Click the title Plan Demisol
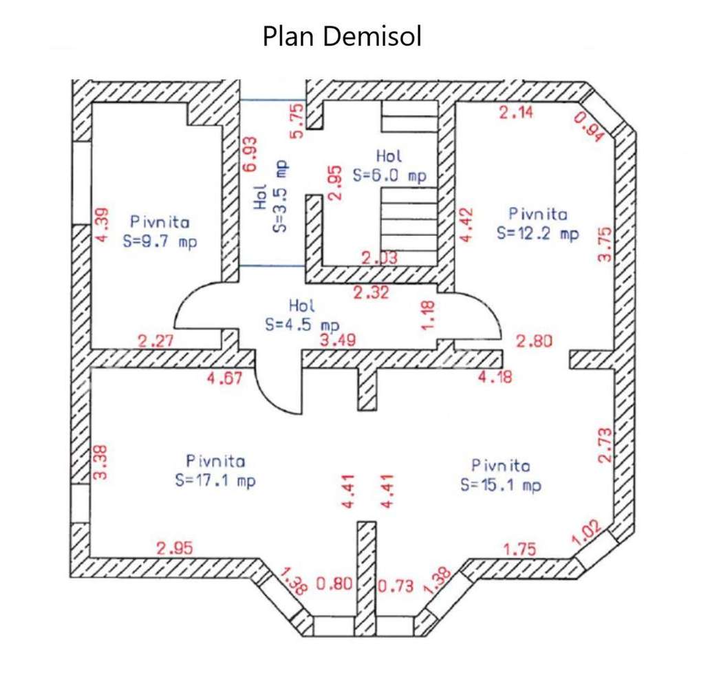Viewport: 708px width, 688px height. (341, 36)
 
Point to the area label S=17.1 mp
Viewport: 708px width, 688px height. (215, 481)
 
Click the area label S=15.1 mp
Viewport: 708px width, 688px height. (500, 485)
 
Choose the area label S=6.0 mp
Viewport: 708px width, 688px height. (389, 175)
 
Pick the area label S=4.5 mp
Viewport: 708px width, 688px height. (302, 325)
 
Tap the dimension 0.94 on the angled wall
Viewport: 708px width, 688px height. (588, 127)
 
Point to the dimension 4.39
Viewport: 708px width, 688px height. (100, 224)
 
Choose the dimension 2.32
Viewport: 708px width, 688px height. (371, 292)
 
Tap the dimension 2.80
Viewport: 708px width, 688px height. (535, 341)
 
